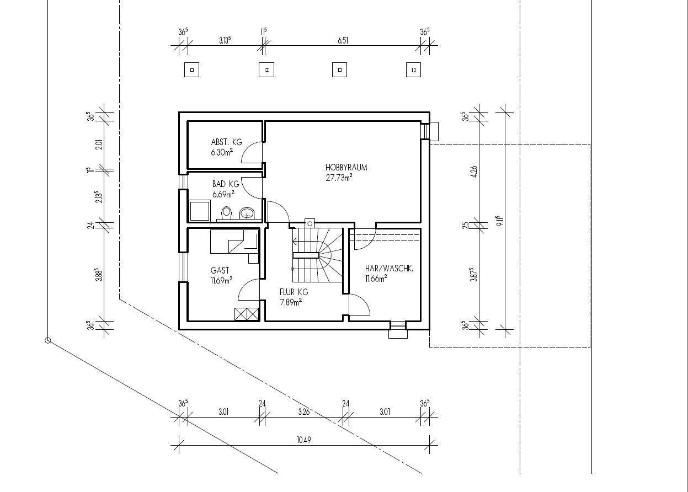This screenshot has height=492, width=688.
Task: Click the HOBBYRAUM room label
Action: (x=346, y=167)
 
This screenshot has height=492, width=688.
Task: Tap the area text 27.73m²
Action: (x=339, y=178)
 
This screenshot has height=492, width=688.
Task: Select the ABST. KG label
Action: (x=227, y=142)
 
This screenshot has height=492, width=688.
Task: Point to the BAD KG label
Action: (x=226, y=184)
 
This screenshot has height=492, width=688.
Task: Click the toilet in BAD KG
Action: (x=227, y=212)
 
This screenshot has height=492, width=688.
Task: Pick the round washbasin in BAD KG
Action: (x=247, y=213)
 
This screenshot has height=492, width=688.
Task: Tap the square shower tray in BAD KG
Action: (x=200, y=211)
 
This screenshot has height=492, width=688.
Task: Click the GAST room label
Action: (x=220, y=270)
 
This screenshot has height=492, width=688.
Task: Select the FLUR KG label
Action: (x=294, y=292)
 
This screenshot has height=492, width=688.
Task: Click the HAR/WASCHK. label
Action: (x=389, y=269)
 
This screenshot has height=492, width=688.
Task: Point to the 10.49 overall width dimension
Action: (x=304, y=440)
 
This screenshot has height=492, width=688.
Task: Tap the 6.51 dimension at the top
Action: (x=343, y=40)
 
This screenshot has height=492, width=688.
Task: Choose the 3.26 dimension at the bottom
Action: (x=304, y=412)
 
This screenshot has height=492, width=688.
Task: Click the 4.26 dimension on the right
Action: (x=474, y=172)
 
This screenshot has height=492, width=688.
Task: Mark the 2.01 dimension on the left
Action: (x=99, y=145)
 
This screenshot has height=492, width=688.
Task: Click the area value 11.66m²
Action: (x=376, y=279)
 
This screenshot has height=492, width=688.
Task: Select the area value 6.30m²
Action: (x=222, y=152)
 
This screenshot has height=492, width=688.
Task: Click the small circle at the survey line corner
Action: (x=47, y=340)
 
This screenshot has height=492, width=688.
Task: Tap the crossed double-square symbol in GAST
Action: (x=247, y=314)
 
